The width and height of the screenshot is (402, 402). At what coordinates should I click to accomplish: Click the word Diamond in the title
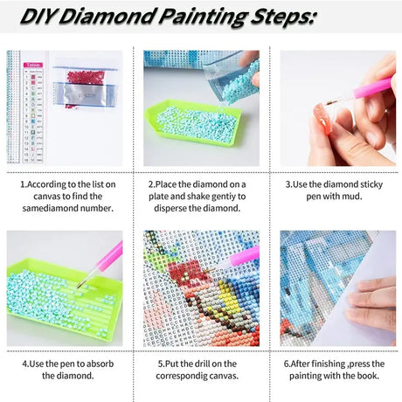[x=107, y=17]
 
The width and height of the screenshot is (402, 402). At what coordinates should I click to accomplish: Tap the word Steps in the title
[x=282, y=17]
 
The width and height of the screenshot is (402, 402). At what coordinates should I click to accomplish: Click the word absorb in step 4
[x=100, y=364]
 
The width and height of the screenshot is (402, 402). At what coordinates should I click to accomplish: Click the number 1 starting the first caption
[x=23, y=184]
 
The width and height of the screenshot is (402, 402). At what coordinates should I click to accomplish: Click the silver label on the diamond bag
[x=85, y=94]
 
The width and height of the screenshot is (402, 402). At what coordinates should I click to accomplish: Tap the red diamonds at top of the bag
[x=86, y=77]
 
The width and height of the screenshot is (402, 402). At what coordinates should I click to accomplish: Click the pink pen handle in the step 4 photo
[x=110, y=255]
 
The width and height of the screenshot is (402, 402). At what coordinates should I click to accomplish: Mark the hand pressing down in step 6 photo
[x=371, y=305]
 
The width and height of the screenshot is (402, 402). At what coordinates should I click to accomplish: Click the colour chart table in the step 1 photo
[x=33, y=113]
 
